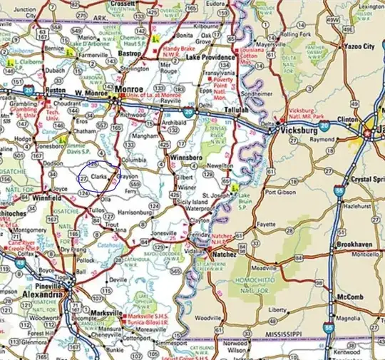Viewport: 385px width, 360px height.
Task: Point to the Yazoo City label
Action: pyautogui.click(x=357, y=46)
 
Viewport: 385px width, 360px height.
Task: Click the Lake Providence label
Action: pyautogui.click(x=211, y=57)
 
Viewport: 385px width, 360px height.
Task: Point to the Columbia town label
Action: pyautogui.click(x=134, y=161)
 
